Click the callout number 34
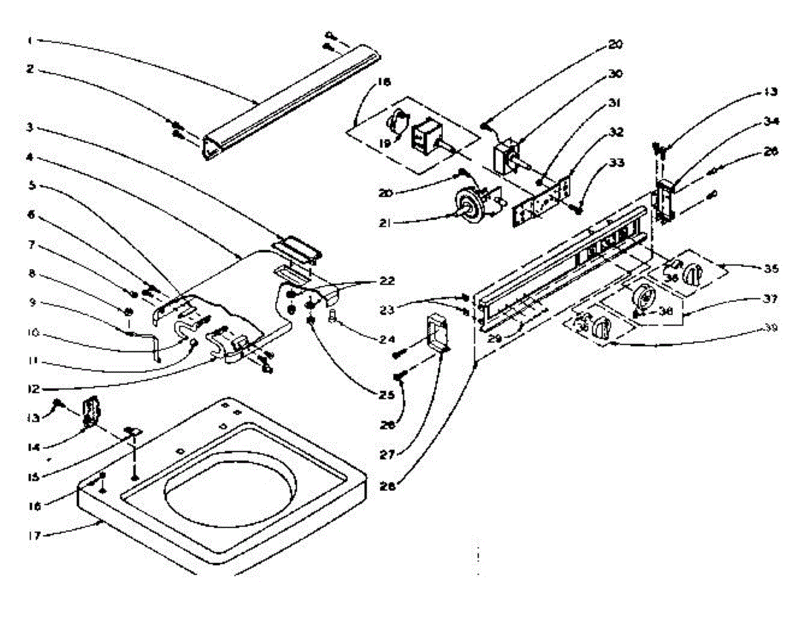[768, 122]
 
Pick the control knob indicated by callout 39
[600, 329]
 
